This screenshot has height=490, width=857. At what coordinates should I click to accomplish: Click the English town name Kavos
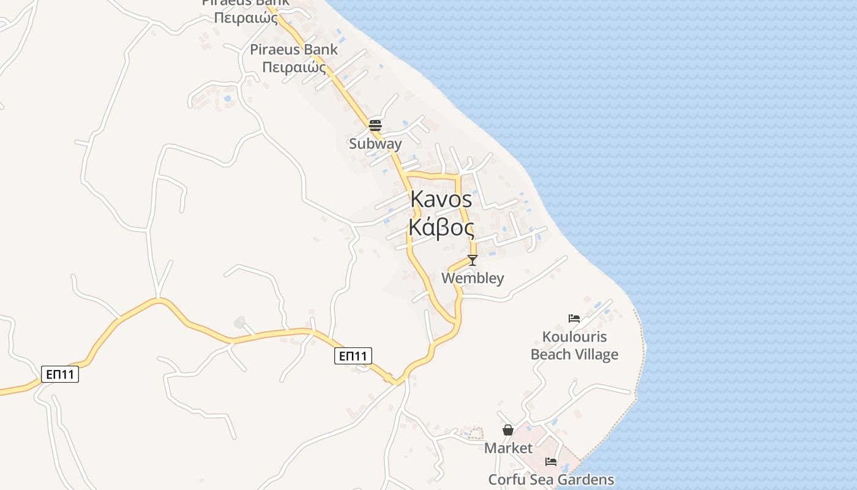pyautogui.click(x=441, y=199)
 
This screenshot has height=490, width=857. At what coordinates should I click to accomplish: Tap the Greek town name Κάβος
pyautogui.click(x=441, y=228)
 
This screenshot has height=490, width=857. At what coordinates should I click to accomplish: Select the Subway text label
pyautogui.click(x=375, y=144)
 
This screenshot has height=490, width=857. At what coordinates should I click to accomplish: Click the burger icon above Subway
pyautogui.click(x=375, y=126)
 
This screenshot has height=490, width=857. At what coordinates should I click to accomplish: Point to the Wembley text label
pyautogui.click(x=473, y=278)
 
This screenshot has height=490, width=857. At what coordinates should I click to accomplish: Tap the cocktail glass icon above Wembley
pyautogui.click(x=472, y=260)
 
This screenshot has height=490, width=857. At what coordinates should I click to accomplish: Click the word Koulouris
pyautogui.click(x=574, y=337)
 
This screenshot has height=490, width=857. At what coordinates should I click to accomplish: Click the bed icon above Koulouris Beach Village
pyautogui.click(x=574, y=318)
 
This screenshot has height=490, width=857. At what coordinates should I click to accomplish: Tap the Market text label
pyautogui.click(x=508, y=448)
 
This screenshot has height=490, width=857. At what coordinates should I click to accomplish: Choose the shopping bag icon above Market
pyautogui.click(x=507, y=430)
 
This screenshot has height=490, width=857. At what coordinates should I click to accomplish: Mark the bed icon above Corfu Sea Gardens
pyautogui.click(x=551, y=462)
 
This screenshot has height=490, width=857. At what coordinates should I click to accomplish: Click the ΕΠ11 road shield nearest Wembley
pyautogui.click(x=353, y=356)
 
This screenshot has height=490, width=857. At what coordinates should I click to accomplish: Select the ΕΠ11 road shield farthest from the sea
pyautogui.click(x=60, y=374)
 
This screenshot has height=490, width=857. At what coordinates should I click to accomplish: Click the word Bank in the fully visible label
pyautogui.click(x=322, y=50)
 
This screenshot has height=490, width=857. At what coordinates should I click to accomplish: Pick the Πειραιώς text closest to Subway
pyautogui.click(x=294, y=67)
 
